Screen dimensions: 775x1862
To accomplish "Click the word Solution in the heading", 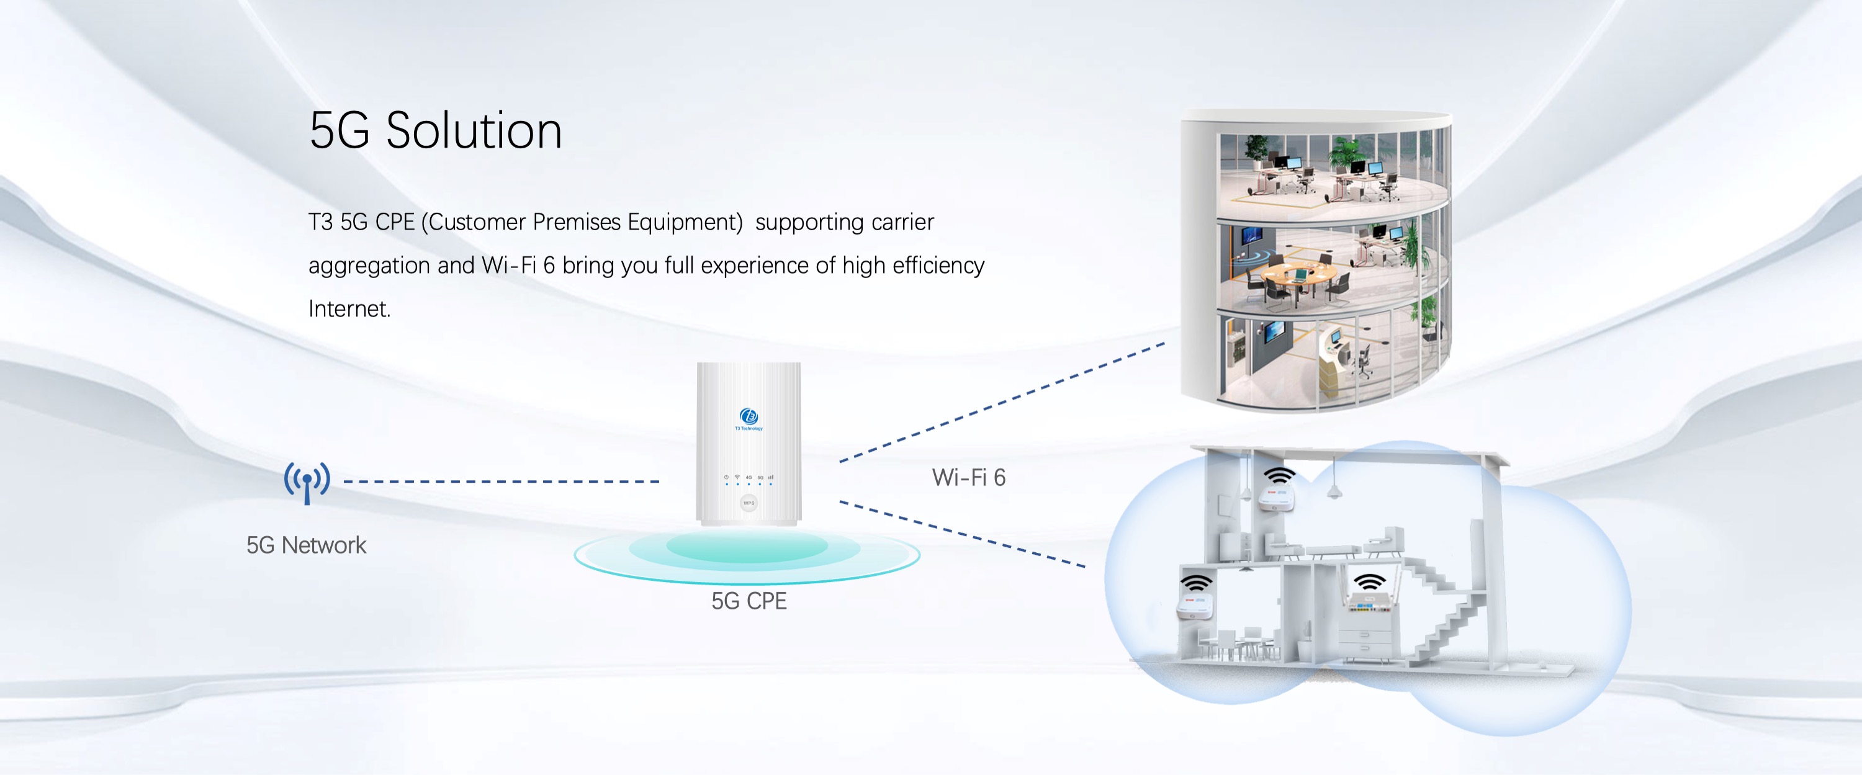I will (474, 132).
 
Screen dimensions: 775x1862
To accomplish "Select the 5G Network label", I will (306, 545).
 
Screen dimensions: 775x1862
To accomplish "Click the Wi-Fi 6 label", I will (969, 478).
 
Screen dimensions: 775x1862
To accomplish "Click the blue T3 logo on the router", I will (748, 416).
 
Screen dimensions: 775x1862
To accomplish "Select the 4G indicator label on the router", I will (749, 477).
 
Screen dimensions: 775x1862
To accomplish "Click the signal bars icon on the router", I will (771, 477).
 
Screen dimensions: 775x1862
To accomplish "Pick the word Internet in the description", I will (349, 310).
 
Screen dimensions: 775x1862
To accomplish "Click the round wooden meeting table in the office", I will (1297, 273).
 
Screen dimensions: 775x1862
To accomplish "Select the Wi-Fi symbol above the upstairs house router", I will (1279, 476).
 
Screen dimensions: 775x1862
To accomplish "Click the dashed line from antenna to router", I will (501, 482).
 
